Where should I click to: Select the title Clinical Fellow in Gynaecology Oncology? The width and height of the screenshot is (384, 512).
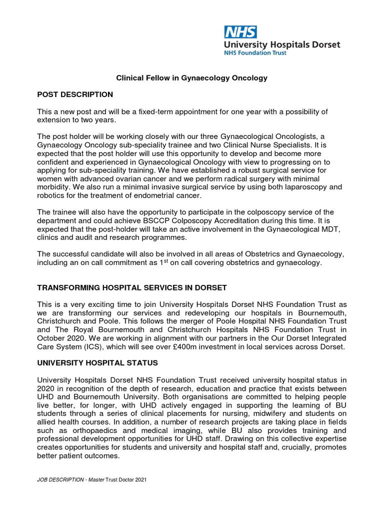pos(192,78)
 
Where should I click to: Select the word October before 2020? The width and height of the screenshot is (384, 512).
pos(51,338)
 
